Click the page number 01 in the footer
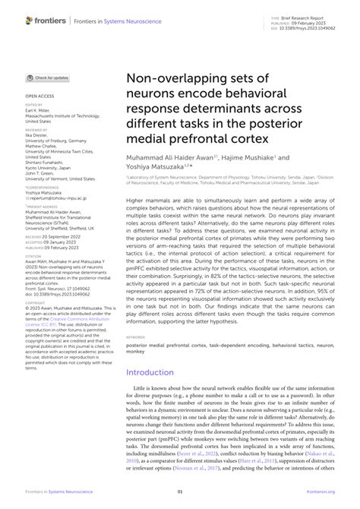[180, 492]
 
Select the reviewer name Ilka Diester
[39, 134]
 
